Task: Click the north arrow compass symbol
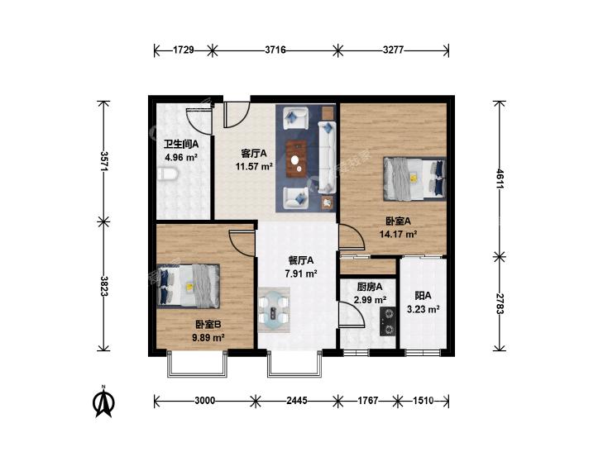point(103,402)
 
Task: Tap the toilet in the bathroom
point(168,174)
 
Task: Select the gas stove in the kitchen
point(388,321)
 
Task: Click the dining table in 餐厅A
point(274,310)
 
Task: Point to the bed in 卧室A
point(414,178)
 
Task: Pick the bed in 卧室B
point(189,286)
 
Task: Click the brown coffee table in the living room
point(296,159)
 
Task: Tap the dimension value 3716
point(275,50)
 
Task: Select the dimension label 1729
point(183,50)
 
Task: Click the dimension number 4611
point(500,179)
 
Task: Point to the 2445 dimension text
point(297,401)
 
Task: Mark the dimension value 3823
point(104,286)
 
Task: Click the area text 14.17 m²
point(399,234)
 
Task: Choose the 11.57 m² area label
point(254,166)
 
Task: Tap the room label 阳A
point(423,296)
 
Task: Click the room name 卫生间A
point(181,145)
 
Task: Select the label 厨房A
point(370,287)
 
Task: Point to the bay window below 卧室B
point(198,364)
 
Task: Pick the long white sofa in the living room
point(327,156)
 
